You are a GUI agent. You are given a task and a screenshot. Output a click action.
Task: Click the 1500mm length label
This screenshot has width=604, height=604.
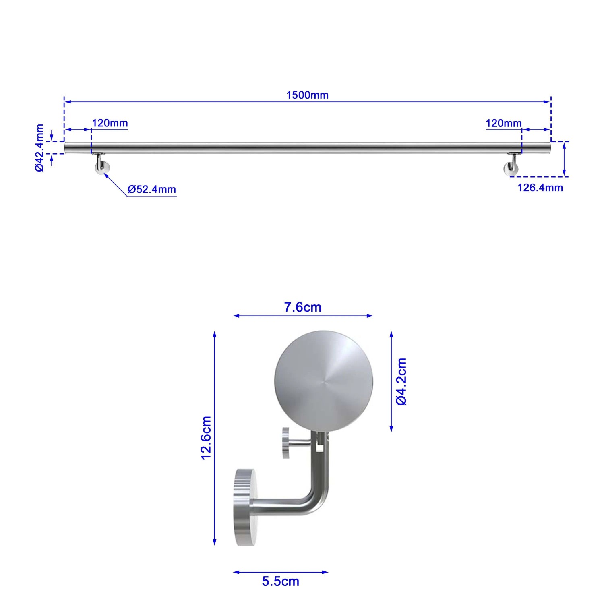pos(307,95)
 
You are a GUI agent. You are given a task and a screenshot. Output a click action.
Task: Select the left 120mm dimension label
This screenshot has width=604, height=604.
pos(110,123)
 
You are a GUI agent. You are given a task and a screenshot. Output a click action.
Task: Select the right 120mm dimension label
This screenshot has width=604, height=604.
pos(504,123)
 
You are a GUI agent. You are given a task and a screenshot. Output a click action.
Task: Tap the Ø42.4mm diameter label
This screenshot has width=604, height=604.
pos(39,148)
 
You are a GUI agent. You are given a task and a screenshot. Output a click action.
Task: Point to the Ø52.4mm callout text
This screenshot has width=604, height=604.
pos(152,189)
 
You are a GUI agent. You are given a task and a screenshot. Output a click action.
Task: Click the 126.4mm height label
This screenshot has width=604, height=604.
pos(540,187)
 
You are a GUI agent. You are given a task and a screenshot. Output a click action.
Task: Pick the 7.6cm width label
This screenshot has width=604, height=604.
pos(303,307)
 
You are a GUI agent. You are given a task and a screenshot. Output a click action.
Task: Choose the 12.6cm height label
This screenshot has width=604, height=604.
pos(206,438)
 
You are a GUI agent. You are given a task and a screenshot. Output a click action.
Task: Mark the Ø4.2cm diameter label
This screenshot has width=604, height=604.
pos(401,381)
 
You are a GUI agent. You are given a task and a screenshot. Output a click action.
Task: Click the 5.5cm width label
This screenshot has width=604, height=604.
pos(281,581)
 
